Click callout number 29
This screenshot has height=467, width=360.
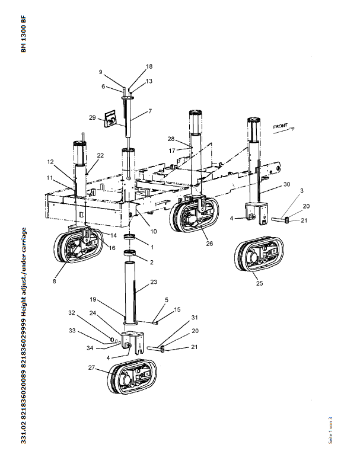[x=92, y=118]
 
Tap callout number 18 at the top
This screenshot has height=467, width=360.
[x=132, y=66]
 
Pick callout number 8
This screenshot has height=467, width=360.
[x=54, y=282]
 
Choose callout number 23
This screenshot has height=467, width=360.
[x=153, y=282]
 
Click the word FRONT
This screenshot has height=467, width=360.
[x=281, y=127]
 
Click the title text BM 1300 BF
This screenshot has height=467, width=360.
[x=24, y=35]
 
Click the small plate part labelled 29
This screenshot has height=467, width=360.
[x=110, y=119]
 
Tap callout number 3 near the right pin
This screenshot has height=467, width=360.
[x=301, y=191]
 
